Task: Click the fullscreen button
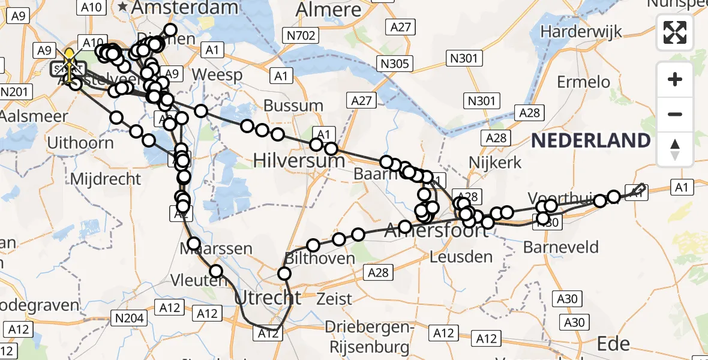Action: pos(675,32)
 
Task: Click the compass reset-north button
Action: pos(675,149)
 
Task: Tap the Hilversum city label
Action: pos(299,160)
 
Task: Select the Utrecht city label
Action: pos(267,298)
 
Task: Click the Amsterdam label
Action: pos(177,8)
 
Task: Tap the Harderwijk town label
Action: pos(581,32)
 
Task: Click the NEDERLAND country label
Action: pos(591,141)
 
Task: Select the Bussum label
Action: pos(293,106)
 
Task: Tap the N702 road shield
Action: pos(301,36)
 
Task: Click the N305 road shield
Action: pos(394,64)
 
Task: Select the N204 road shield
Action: pos(129,318)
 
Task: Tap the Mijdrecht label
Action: pos(106,179)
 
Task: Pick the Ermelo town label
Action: pos(583,82)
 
